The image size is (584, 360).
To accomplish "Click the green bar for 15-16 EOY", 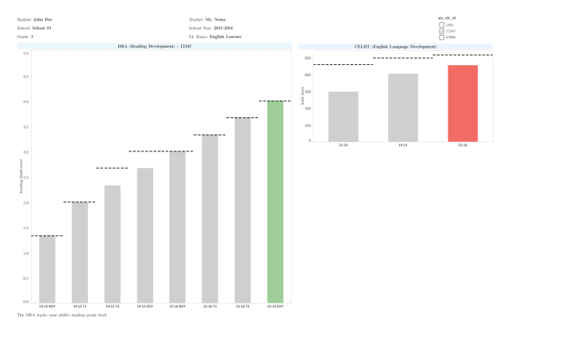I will pyautogui.click(x=275, y=201).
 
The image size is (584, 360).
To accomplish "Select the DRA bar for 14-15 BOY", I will pyautogui.click(x=47, y=269).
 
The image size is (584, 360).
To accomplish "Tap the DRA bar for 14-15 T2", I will pyautogui.click(x=112, y=243).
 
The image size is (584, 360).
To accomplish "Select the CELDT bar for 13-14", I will pyautogui.click(x=343, y=117).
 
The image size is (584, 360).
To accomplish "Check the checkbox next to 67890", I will pyautogui.click(x=442, y=37).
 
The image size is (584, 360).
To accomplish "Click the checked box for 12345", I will pyautogui.click(x=442, y=31).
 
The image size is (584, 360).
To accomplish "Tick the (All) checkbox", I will pyautogui.click(x=442, y=25).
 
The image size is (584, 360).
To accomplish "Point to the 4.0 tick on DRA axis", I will pyautogui.click(x=25, y=101).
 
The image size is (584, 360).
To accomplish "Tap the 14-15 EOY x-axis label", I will pyautogui.click(x=144, y=306).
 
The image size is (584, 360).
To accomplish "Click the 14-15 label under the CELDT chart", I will pyautogui.click(x=402, y=146).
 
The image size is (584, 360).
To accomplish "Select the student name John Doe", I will pyautogui.click(x=44, y=19).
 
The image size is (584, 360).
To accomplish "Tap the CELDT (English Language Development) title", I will pyautogui.click(x=395, y=47).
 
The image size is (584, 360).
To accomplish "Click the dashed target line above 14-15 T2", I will pyautogui.click(x=112, y=168).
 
